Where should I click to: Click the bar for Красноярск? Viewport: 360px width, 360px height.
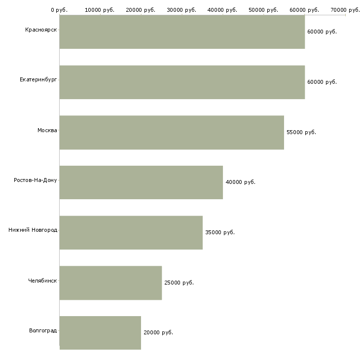[182, 32]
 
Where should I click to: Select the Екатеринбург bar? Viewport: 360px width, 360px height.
[182, 82]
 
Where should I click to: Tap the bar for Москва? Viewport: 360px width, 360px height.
[172, 132]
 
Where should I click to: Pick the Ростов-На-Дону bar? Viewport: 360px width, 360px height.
[141, 182]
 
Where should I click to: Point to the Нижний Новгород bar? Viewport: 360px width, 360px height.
[131, 232]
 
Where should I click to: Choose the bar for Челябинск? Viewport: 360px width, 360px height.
[110, 283]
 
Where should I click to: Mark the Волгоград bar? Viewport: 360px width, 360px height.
[100, 333]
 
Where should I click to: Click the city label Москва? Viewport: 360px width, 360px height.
[47, 130]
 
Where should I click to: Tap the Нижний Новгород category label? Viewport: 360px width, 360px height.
[33, 230]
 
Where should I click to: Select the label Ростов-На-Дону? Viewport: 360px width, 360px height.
[36, 180]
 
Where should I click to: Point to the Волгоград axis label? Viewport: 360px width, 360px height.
[43, 330]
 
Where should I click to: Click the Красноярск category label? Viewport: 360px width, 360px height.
[41, 30]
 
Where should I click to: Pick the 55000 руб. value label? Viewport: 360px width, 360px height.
[301, 132]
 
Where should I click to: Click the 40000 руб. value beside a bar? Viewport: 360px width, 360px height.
[240, 182]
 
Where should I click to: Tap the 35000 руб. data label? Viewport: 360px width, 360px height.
[219, 232]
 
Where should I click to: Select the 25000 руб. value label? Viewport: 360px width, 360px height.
[179, 283]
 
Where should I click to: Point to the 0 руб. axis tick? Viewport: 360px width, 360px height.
[59, 10]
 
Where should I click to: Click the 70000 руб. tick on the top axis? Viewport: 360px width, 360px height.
[345, 10]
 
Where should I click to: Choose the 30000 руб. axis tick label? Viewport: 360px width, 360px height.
[181, 10]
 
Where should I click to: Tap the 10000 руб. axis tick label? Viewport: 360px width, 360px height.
[100, 10]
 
